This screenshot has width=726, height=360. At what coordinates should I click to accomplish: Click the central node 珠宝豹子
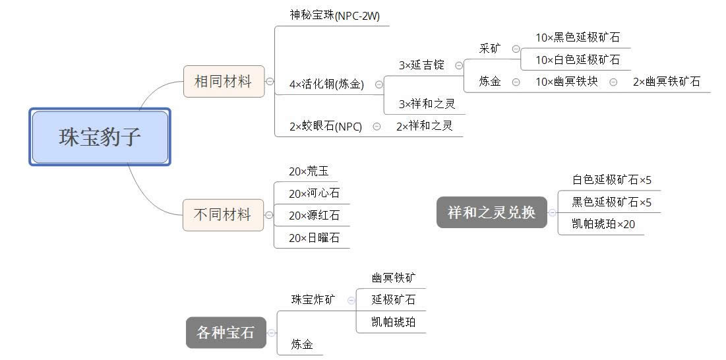[100, 137]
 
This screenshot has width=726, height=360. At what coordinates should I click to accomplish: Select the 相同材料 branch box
[224, 82]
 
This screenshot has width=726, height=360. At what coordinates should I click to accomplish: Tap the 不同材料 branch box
[223, 214]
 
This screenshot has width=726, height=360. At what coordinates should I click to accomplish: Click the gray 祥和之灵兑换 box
[491, 212]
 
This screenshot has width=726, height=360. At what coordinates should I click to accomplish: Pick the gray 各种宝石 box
[226, 332]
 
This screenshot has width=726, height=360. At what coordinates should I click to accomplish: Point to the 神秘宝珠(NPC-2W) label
[334, 15]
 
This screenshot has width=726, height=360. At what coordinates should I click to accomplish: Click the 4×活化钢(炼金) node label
[326, 84]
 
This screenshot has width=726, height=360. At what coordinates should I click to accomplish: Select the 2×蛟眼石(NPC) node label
[325, 127]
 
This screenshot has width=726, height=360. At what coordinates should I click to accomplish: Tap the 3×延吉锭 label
[421, 65]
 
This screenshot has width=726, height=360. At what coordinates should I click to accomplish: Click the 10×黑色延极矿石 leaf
[577, 38]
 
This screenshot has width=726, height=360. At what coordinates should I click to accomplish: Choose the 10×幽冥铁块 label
[566, 82]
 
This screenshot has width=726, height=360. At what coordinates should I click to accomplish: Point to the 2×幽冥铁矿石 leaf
[666, 82]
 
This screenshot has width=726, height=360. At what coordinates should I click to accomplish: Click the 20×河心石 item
[314, 193]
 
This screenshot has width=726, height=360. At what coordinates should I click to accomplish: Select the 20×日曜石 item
[314, 238]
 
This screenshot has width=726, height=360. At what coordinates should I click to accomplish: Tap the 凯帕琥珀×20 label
[603, 224]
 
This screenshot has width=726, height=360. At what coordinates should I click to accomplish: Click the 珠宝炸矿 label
[313, 299]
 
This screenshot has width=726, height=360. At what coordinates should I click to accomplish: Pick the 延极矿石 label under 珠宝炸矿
[393, 299]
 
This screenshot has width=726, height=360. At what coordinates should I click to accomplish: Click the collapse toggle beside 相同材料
[270, 82]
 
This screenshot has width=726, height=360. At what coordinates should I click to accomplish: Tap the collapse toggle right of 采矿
[516, 49]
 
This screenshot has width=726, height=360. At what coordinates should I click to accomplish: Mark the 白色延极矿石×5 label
[611, 179]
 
